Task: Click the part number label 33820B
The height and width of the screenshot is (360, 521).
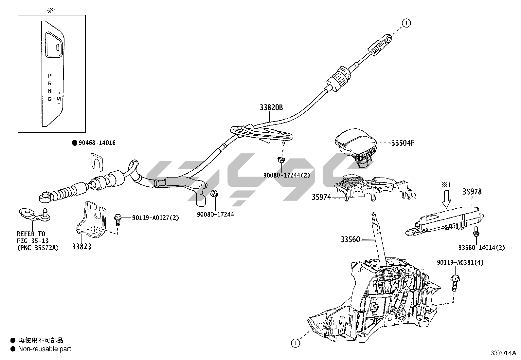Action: coord(271,107)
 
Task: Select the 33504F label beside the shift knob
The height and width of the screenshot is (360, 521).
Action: coord(403,143)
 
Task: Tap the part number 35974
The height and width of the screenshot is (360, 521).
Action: coord(321,197)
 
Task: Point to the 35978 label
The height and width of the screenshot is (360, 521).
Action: coord(472,192)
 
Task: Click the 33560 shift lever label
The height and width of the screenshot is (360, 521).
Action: coord(350,240)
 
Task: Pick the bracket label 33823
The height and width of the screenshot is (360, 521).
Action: coord(82,247)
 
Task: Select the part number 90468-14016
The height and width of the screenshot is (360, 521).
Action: coord(97,143)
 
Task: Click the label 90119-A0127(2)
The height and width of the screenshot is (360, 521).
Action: coord(155,218)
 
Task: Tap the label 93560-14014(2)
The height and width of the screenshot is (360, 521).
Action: coord(481,248)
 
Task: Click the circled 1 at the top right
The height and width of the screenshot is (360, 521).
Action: coord(406,23)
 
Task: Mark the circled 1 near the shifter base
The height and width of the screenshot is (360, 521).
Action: coord(295,343)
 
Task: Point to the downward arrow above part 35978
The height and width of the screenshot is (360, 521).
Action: coord(446,200)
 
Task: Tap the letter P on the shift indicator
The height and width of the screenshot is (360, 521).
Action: coord(50,76)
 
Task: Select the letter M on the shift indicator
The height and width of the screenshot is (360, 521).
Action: coord(59,99)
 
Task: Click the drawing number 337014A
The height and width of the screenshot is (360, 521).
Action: coord(503,353)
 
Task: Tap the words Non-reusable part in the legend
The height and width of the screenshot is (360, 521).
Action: coord(45,349)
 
